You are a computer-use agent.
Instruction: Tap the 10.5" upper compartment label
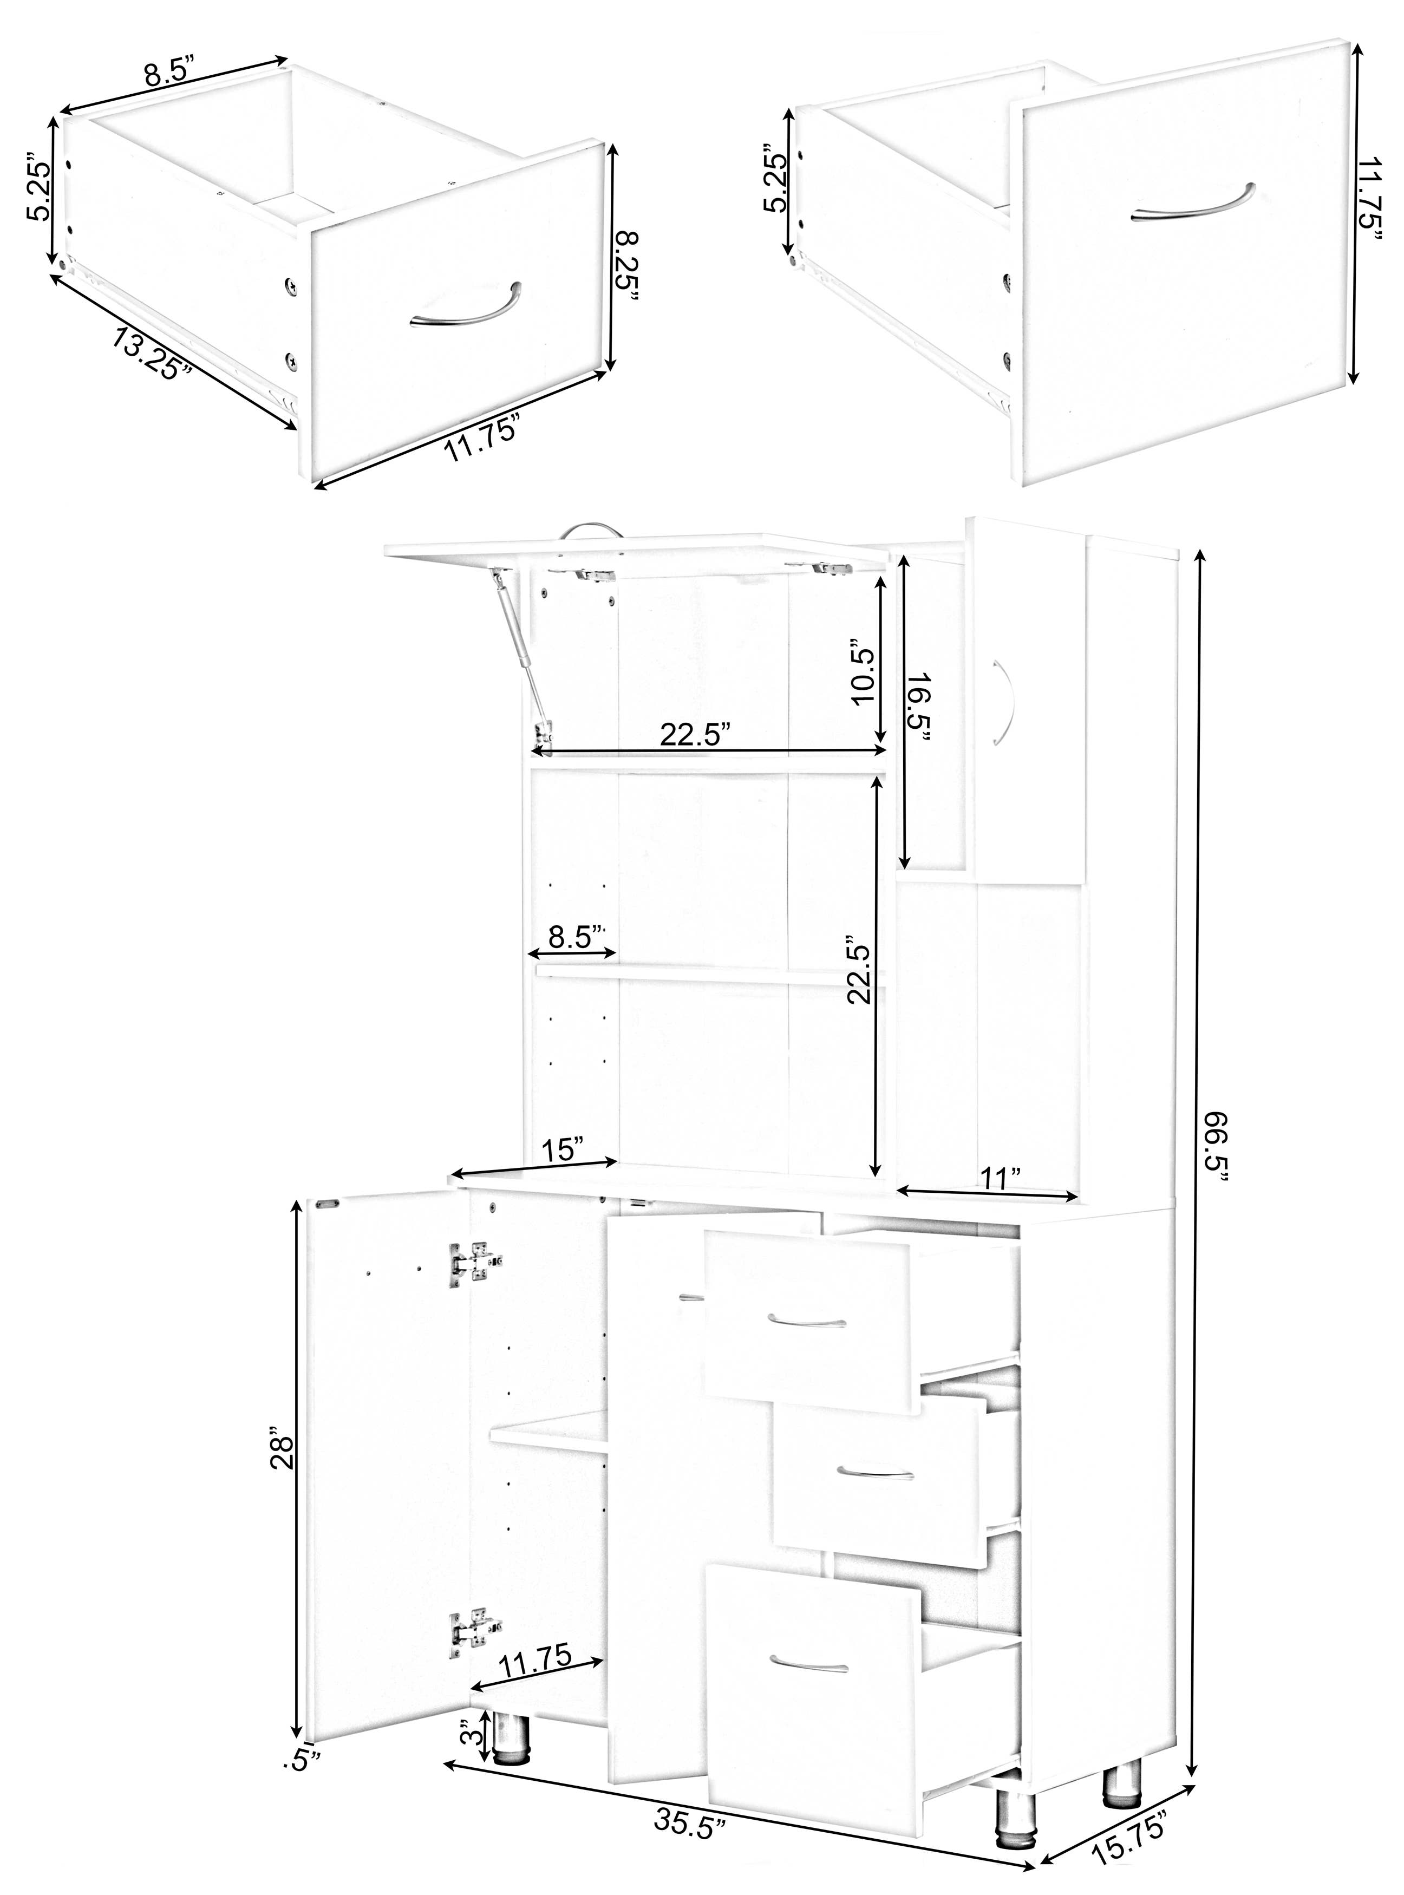(863, 676)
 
